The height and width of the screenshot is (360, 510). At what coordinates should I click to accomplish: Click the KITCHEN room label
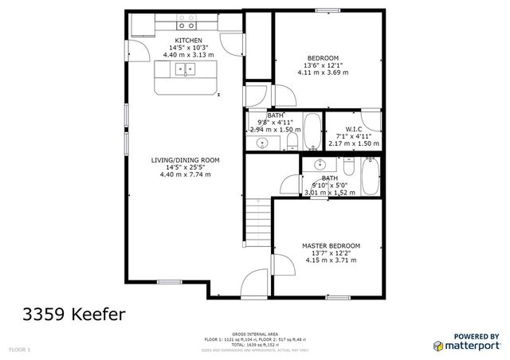tap(189, 40)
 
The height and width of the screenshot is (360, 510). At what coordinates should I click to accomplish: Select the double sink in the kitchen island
tap(185, 70)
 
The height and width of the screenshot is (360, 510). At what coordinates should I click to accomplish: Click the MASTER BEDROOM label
tap(331, 245)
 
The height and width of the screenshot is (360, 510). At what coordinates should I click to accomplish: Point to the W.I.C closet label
tap(355, 129)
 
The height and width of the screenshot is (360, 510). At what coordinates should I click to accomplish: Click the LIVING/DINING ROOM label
tap(186, 160)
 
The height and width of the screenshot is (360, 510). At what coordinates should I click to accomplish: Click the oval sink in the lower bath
tap(320, 165)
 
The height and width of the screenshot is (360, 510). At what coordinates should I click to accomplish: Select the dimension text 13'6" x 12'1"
tap(324, 65)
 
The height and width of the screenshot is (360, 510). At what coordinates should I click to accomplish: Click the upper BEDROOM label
tap(324, 57)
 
